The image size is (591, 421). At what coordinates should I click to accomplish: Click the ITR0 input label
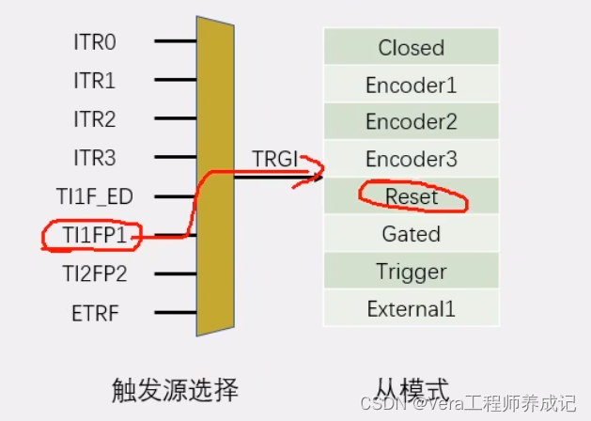95,42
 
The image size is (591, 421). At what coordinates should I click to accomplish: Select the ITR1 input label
95,81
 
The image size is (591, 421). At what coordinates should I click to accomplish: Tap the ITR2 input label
95,119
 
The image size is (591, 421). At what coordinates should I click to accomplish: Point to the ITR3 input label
95,158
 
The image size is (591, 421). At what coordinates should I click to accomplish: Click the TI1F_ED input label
95,196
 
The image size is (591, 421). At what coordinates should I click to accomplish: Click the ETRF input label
96,313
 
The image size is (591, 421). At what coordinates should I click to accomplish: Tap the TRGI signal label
274,158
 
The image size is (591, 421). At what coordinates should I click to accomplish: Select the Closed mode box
411,47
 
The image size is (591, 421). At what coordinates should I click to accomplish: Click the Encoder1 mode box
411,85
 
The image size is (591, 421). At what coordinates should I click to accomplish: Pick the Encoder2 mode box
411,121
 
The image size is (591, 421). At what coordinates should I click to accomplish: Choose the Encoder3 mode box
411,159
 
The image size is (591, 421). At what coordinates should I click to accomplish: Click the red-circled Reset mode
412,196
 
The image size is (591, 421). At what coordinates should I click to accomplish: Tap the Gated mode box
411,233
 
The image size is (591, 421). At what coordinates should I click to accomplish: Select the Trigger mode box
411,272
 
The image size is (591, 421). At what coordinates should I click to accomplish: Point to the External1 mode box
411,308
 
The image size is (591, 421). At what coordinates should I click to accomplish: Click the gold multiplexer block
215,175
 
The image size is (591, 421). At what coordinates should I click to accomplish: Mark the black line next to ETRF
175,313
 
